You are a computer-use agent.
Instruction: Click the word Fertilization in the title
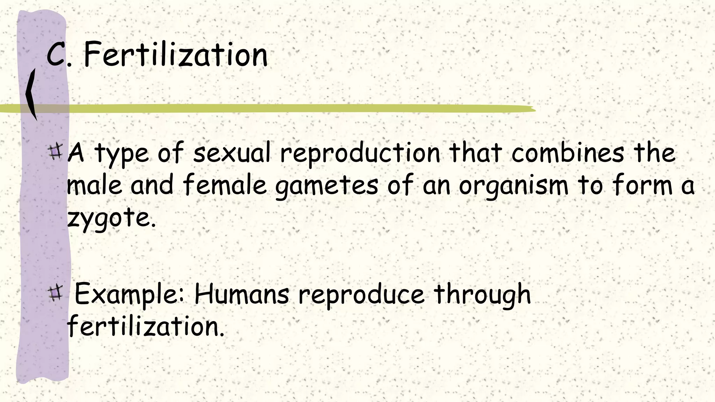point(176,55)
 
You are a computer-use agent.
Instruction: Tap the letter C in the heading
point(56,54)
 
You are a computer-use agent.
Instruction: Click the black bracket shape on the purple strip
point(31,94)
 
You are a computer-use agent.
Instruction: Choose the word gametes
point(326,186)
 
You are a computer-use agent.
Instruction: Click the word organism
point(514,186)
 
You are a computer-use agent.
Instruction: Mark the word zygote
point(111,218)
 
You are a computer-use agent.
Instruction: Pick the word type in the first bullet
point(122,154)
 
